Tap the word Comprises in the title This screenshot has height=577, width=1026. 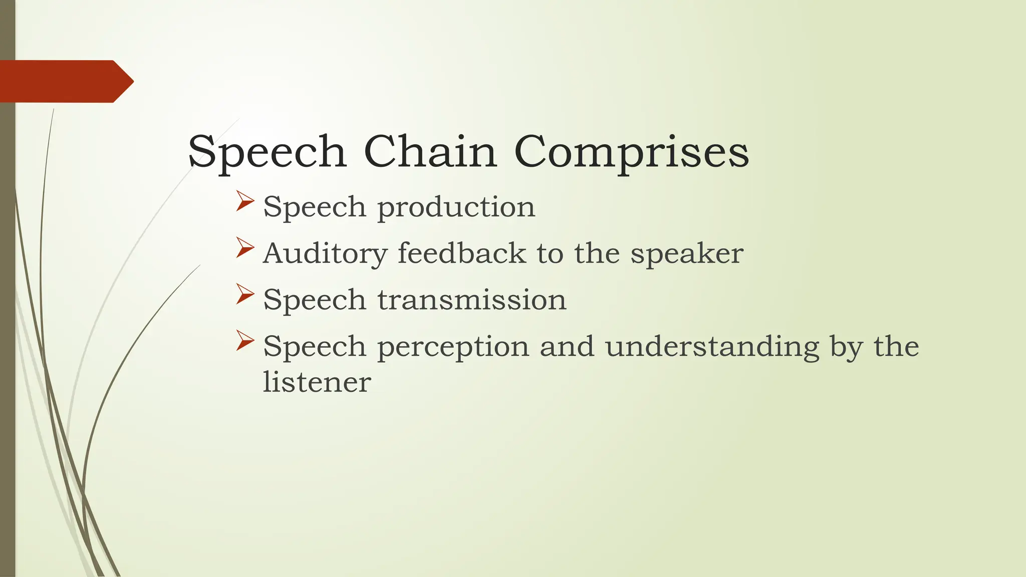click(631, 152)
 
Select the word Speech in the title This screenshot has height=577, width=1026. click(267, 152)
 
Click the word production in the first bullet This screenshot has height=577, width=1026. click(456, 207)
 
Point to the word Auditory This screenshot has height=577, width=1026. click(325, 254)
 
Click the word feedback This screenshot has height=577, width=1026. click(461, 253)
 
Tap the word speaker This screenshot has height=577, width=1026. click(686, 254)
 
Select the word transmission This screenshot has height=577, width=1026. click(471, 300)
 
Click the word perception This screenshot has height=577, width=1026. click(453, 347)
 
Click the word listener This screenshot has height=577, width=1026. click(317, 382)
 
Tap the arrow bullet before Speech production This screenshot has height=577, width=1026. click(245, 201)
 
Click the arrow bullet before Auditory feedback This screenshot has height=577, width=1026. click(245, 248)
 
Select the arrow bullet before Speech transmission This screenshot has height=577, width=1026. click(245, 294)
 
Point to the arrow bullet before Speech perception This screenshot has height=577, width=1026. click(245, 341)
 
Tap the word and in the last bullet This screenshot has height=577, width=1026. click(567, 347)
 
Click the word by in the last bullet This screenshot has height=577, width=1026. click(846, 347)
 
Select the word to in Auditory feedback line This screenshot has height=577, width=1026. click(550, 253)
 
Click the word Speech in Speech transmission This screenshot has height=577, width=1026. click(314, 301)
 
